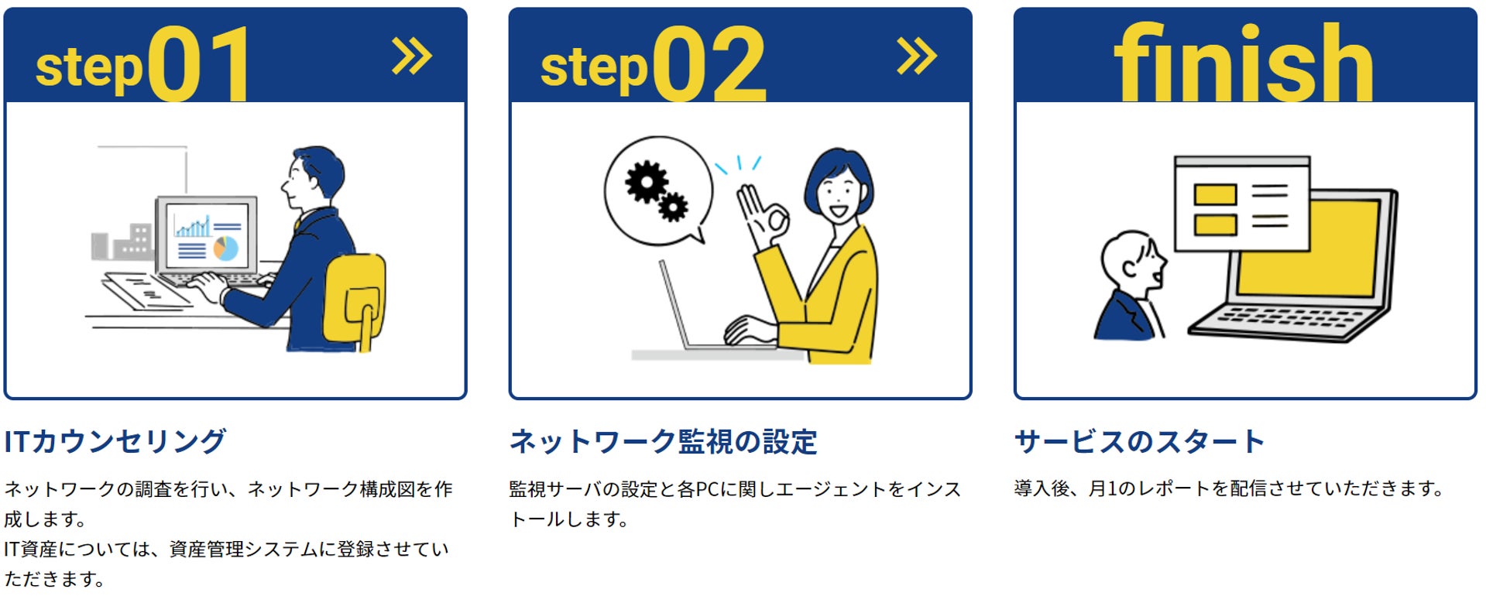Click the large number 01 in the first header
tap(199, 63)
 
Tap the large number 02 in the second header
tap(709, 63)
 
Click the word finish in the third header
tap(1243, 62)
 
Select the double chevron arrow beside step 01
tap(411, 57)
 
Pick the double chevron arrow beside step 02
tap(917, 57)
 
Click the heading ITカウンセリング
tap(115, 441)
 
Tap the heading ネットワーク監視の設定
tap(663, 441)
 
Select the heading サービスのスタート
tap(1139, 441)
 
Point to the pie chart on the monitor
tap(226, 248)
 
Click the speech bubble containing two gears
tap(657, 190)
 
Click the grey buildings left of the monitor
tap(122, 242)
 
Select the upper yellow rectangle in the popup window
tap(1214, 194)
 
